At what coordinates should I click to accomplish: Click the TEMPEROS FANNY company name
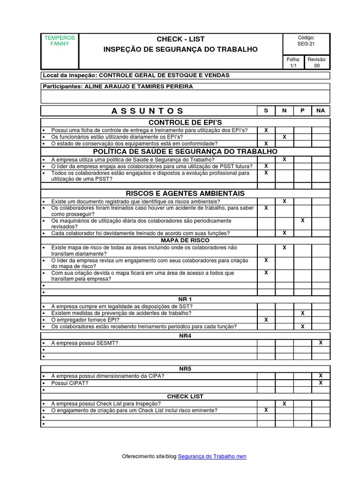[60, 41]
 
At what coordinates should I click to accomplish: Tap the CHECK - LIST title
[180, 39]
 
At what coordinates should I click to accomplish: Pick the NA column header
[321, 111]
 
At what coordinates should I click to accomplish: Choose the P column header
[302, 111]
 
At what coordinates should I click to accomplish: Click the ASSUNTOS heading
[148, 111]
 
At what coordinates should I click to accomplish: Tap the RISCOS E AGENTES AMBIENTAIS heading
[185, 193]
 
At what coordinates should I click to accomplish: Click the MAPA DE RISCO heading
[185, 240]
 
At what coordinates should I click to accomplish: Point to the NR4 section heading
[185, 336]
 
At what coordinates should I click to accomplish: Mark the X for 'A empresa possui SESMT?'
[321, 343]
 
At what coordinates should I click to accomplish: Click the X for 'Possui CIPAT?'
[321, 382]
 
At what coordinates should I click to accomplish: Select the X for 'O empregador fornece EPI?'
[266, 320]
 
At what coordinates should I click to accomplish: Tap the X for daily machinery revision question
[302, 220]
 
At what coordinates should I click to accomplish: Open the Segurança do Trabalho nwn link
[212, 456]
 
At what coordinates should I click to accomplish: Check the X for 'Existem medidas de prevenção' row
[302, 313]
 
